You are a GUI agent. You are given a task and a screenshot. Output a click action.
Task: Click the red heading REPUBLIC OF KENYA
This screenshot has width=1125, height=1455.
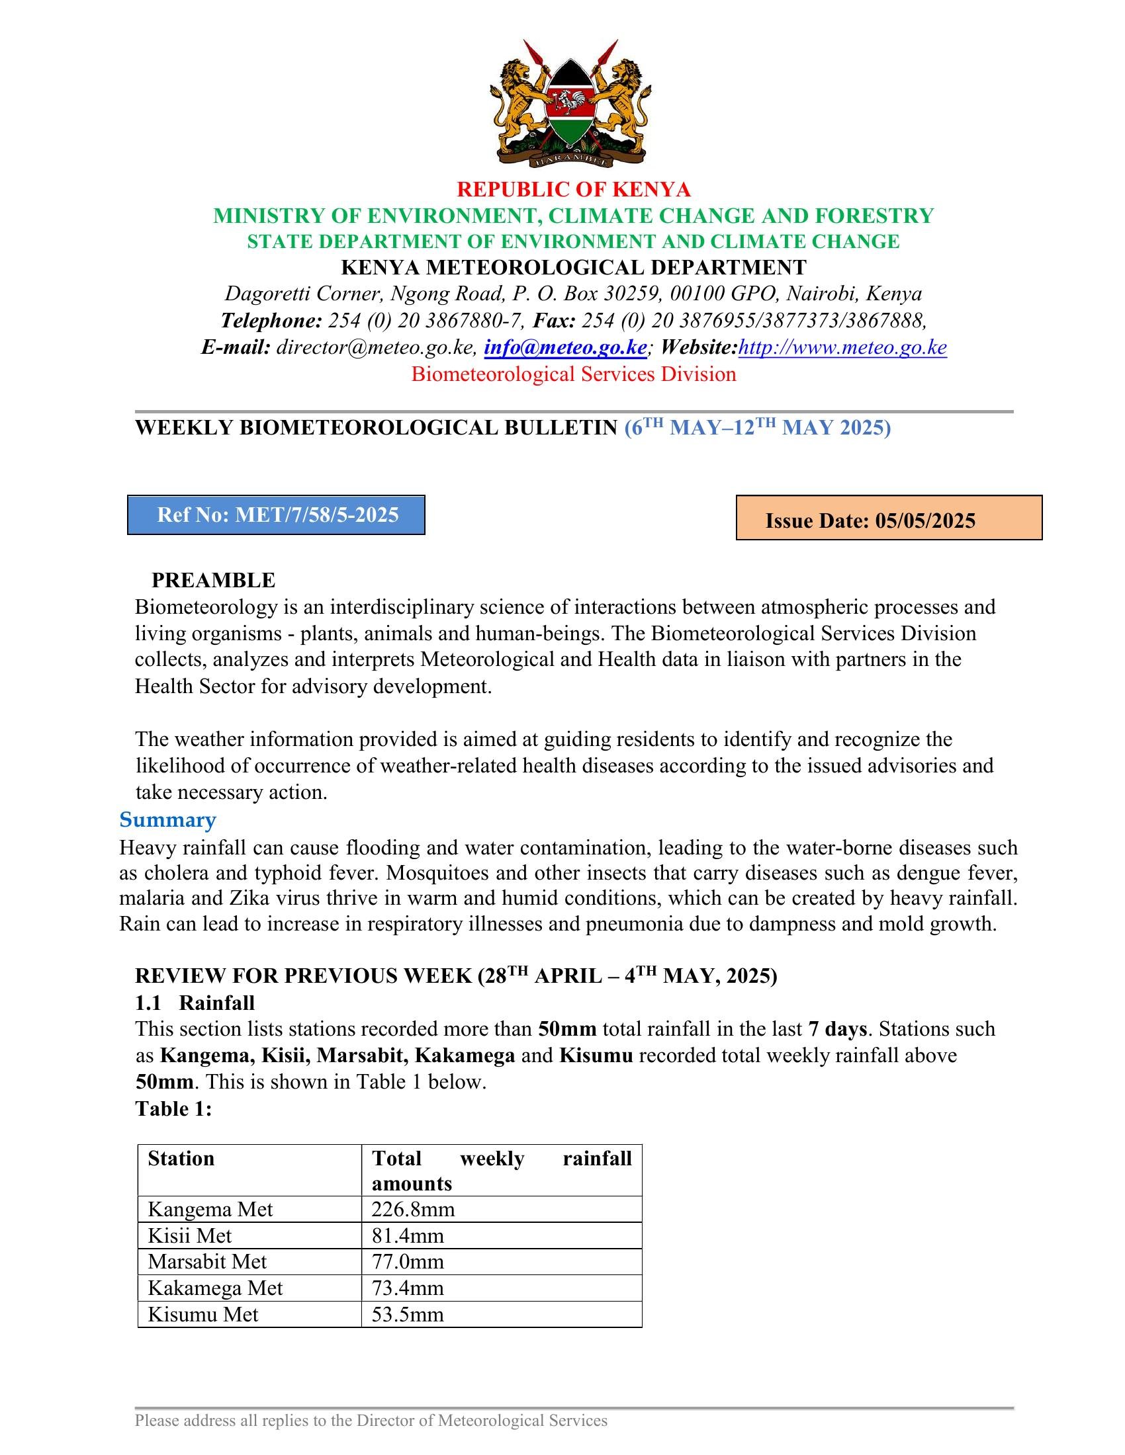point(573,190)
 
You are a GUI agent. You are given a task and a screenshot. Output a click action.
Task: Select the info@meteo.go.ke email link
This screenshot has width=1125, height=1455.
point(565,347)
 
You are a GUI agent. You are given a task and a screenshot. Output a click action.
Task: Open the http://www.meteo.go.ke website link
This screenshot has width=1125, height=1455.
point(842,347)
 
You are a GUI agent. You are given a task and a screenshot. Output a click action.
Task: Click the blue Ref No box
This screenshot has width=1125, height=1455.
point(277,515)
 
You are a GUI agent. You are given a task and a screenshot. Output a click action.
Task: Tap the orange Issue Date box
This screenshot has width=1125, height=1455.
point(888,518)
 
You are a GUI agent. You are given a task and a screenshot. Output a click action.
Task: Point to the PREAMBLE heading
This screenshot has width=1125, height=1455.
point(213,580)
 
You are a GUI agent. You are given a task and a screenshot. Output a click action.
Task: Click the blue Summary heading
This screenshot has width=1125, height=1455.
point(167,819)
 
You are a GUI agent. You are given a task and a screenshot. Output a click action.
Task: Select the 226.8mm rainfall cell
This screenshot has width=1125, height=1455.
point(413,1209)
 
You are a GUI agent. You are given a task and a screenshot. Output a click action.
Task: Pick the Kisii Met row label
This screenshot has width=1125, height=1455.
point(190,1236)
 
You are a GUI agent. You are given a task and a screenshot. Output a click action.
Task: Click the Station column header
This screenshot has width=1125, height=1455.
point(181,1159)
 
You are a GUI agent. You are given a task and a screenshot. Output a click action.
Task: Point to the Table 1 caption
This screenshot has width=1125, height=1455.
point(173,1108)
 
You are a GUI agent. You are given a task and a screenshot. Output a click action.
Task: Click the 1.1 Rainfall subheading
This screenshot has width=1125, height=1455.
point(195,1003)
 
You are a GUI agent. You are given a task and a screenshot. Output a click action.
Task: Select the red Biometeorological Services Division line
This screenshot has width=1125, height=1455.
point(573,374)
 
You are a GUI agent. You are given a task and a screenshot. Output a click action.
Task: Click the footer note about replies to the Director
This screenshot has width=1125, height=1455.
point(371,1421)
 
